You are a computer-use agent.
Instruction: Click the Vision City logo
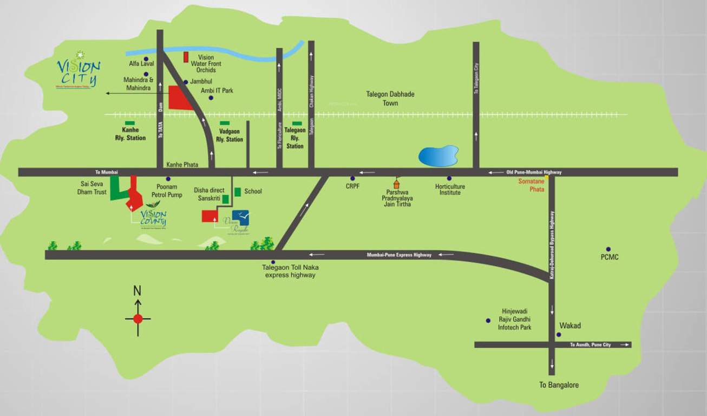(78, 69)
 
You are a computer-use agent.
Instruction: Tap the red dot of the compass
(138, 318)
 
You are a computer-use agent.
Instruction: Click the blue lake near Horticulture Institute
(438, 156)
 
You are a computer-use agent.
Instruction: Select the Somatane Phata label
(531, 185)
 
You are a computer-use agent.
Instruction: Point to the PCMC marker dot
(608, 249)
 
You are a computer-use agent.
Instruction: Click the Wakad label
(570, 326)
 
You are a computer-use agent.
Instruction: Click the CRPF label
(353, 186)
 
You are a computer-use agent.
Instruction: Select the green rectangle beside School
(238, 192)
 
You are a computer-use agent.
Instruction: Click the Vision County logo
(153, 215)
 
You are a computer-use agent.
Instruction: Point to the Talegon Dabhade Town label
(390, 99)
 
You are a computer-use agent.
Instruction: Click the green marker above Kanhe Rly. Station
(130, 123)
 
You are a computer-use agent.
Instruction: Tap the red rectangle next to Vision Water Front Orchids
(186, 57)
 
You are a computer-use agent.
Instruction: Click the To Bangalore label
(559, 385)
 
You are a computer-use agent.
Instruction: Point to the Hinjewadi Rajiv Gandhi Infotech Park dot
(488, 320)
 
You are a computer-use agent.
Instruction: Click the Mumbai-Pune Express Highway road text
(399, 255)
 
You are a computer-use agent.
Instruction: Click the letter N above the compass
(138, 291)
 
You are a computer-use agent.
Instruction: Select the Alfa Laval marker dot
(146, 58)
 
